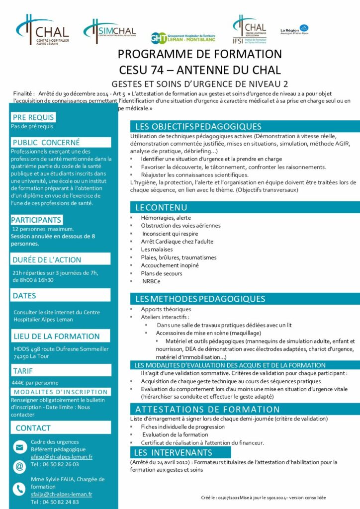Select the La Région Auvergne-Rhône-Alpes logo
point(294,30)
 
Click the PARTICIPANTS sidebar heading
point(36,220)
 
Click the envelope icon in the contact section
point(20,447)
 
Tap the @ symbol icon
point(20,466)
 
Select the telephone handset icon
point(20,489)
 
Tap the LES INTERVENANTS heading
point(173,452)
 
